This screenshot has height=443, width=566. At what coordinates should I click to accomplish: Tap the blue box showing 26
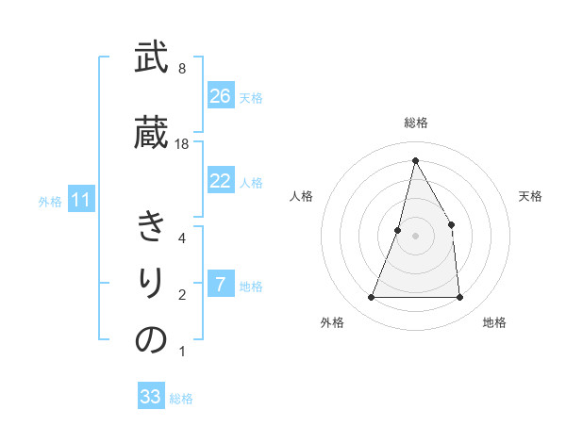coord(221,96)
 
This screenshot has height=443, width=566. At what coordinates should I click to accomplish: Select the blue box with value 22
coord(221,181)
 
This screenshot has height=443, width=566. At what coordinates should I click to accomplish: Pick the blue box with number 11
coord(80,200)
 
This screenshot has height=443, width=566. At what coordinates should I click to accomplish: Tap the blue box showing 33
coord(151,397)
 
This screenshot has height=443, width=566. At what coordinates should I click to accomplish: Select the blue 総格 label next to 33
coord(181,399)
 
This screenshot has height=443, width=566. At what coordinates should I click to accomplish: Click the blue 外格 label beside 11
coord(50,201)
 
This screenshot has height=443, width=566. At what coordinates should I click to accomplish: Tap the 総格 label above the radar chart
coord(415,123)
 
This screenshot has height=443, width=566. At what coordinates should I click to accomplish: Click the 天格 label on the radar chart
coord(530,196)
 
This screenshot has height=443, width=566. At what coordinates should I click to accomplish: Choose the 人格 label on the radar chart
coord(300,196)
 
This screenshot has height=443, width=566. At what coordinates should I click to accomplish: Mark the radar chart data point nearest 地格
coord(459,298)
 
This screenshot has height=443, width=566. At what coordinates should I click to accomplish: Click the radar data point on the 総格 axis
coord(415,160)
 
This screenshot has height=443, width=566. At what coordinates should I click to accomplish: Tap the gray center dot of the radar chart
coord(415,236)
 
